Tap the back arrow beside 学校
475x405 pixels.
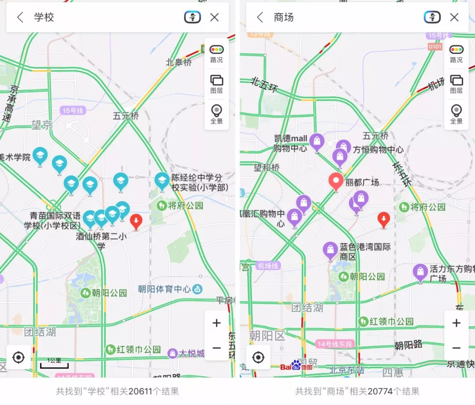[x=20, y=18]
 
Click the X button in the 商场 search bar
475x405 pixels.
[x=454, y=18]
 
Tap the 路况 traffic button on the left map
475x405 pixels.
[x=216, y=54]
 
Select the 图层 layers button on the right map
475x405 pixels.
[x=457, y=84]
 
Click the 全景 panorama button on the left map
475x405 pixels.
[x=216, y=114]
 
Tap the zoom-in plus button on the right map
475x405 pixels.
[x=457, y=323]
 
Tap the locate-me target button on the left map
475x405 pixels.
[x=18, y=358]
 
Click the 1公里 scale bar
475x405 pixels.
[x=54, y=363]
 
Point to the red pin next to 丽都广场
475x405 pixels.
[x=336, y=181]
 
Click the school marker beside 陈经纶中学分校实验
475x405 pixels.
[x=162, y=180]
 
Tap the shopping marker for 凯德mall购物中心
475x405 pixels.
[x=317, y=142]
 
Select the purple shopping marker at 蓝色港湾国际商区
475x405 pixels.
[x=330, y=250]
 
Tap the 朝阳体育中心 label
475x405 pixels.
[x=164, y=289]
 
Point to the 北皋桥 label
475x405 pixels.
[x=179, y=62]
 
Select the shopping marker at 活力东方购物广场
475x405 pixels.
[x=420, y=272]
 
